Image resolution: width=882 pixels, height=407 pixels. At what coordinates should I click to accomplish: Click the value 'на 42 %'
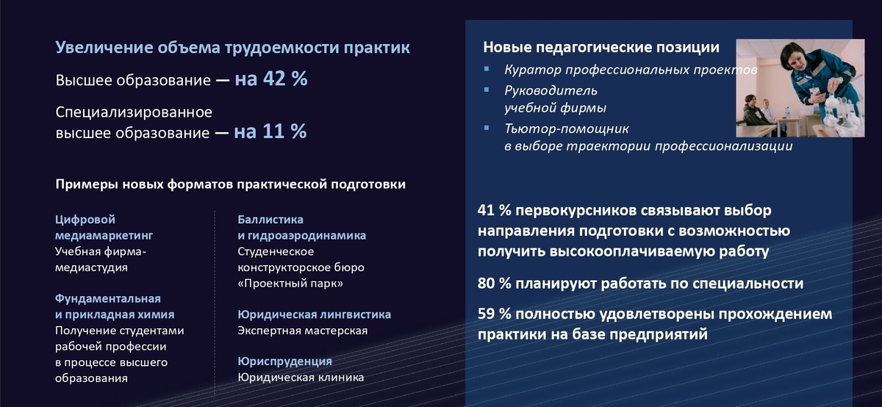pyautogui.click(x=271, y=79)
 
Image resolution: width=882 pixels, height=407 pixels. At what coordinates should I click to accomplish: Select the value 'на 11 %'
pyautogui.click(x=270, y=132)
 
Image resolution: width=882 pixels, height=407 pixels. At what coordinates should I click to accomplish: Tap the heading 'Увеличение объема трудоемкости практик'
pyautogui.click(x=233, y=48)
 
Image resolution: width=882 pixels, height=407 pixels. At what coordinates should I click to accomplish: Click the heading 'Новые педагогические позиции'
pyautogui.click(x=601, y=48)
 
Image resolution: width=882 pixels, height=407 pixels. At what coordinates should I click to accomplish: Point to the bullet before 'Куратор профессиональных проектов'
pyautogui.click(x=487, y=70)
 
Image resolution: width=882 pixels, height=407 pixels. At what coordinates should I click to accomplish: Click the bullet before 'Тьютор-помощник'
pyautogui.click(x=487, y=129)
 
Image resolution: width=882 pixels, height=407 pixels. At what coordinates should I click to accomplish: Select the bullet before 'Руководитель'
pyautogui.click(x=487, y=90)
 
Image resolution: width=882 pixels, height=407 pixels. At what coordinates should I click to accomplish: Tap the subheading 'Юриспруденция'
pyautogui.click(x=285, y=361)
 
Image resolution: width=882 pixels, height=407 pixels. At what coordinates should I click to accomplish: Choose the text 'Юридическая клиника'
pyautogui.click(x=301, y=378)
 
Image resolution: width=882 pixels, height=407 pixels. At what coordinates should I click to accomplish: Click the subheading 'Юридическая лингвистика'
pyautogui.click(x=314, y=314)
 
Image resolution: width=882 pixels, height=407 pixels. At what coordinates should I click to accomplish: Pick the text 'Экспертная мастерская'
pyautogui.click(x=302, y=331)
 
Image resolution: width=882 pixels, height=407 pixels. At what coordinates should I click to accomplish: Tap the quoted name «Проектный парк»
pyautogui.click(x=290, y=284)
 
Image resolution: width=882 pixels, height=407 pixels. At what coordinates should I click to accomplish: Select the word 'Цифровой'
pyautogui.click(x=85, y=220)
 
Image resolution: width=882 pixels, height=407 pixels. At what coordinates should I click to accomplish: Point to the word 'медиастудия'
pyautogui.click(x=92, y=267)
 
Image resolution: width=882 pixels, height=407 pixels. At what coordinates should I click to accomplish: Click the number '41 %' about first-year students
pyautogui.click(x=494, y=212)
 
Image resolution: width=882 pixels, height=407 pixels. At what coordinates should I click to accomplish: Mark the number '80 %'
pyautogui.click(x=494, y=284)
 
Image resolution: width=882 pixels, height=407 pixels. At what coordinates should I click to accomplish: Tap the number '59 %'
pyautogui.click(x=494, y=314)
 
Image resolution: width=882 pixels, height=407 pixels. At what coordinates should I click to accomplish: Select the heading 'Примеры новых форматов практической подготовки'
pyautogui.click(x=230, y=184)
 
